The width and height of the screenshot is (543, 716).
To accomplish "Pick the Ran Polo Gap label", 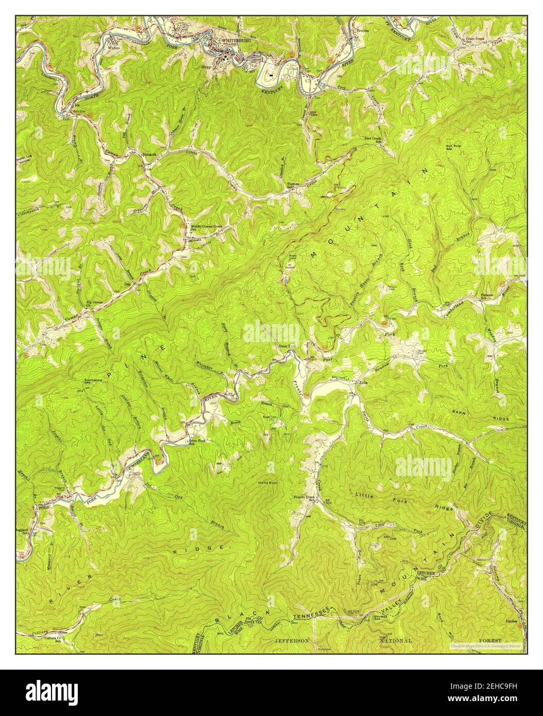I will pos(453,146).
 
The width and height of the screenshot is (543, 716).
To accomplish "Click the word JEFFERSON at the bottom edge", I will pos(292,640).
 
